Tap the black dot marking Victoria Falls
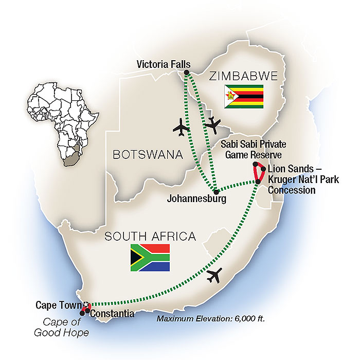pos(186,73)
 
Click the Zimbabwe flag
pos(244,97)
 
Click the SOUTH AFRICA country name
pos(150,237)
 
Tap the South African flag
pos(150,258)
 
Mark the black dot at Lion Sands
pos(263,169)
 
